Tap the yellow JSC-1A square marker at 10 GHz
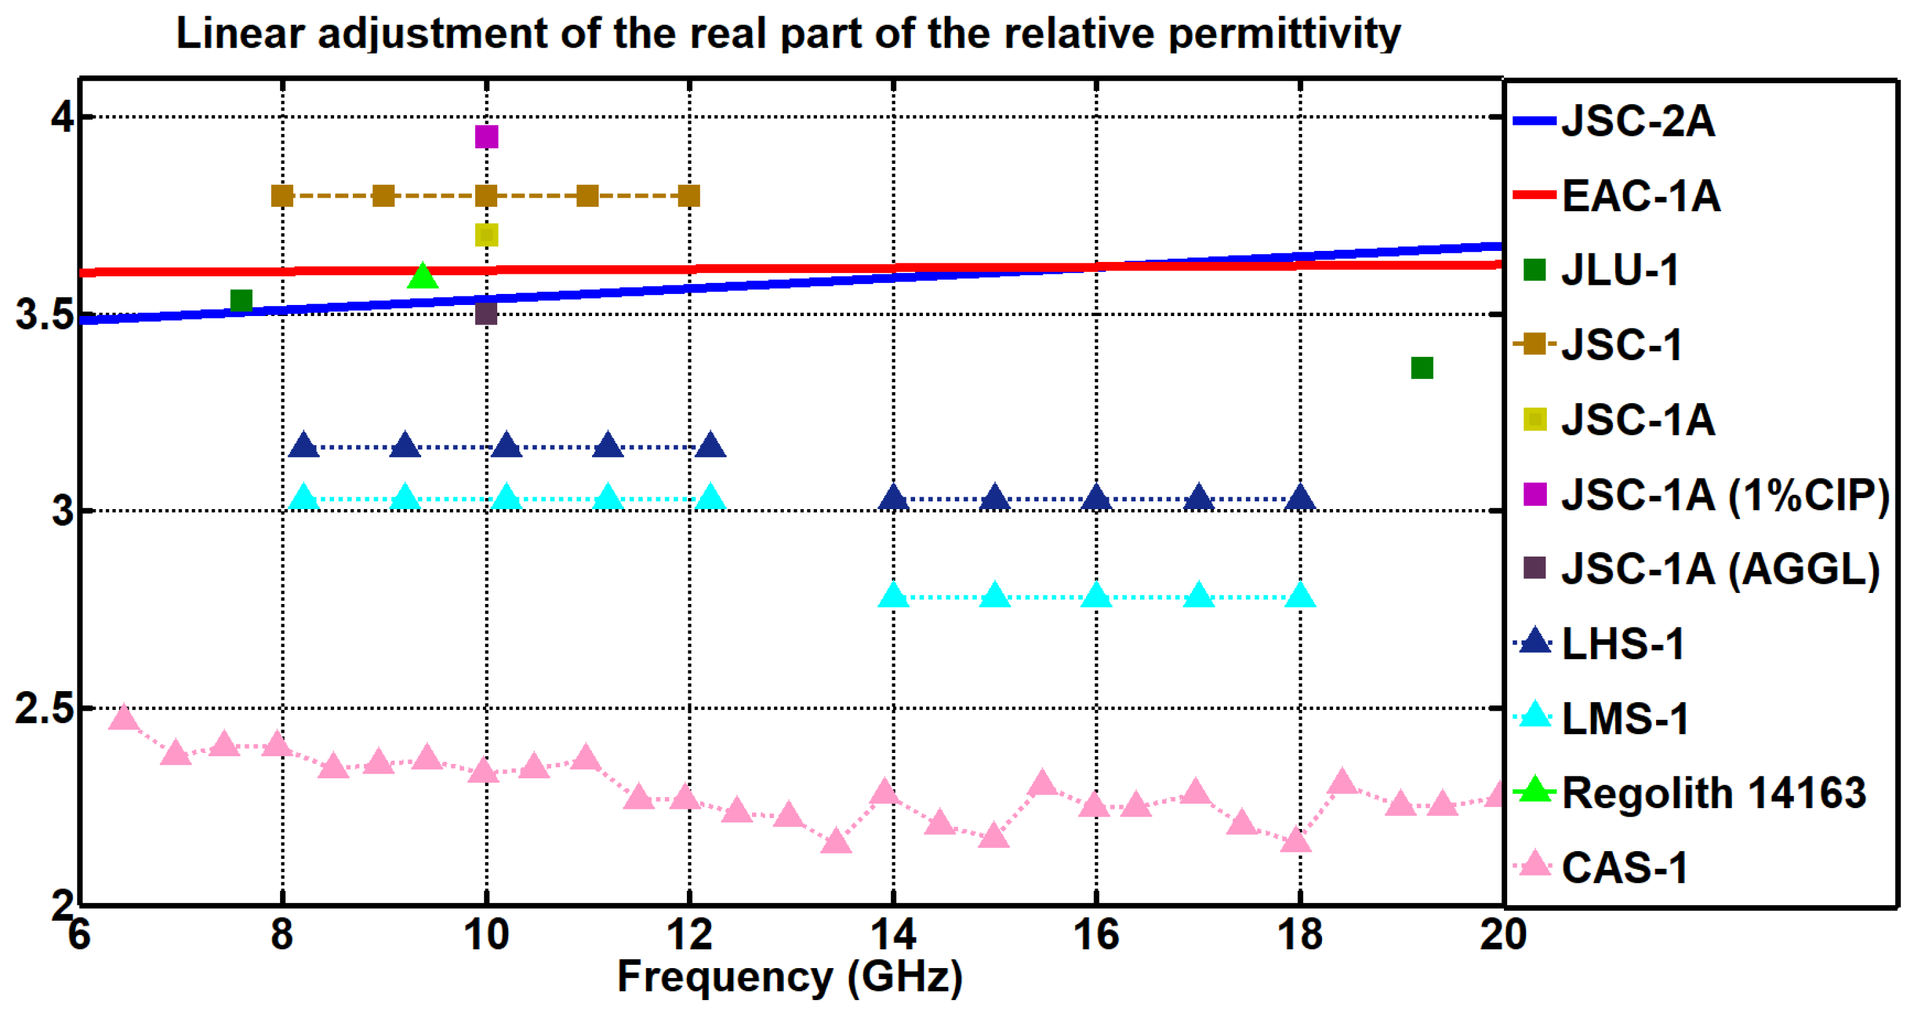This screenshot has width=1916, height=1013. [485, 235]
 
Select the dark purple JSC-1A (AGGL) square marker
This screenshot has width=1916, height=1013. [485, 313]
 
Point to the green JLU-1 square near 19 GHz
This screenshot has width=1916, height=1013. [1421, 368]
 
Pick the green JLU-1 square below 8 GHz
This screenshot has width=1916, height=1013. [241, 300]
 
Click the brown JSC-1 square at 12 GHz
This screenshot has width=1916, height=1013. [689, 196]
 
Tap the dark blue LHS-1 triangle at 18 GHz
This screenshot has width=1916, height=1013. [1299, 497]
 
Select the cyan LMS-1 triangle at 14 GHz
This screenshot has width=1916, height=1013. [893, 596]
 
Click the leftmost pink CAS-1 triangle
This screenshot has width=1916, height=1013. [123, 718]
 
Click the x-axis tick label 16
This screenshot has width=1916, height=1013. [1096, 934]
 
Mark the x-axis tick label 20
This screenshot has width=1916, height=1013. [1503, 934]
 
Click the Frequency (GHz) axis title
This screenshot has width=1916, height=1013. [790, 977]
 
